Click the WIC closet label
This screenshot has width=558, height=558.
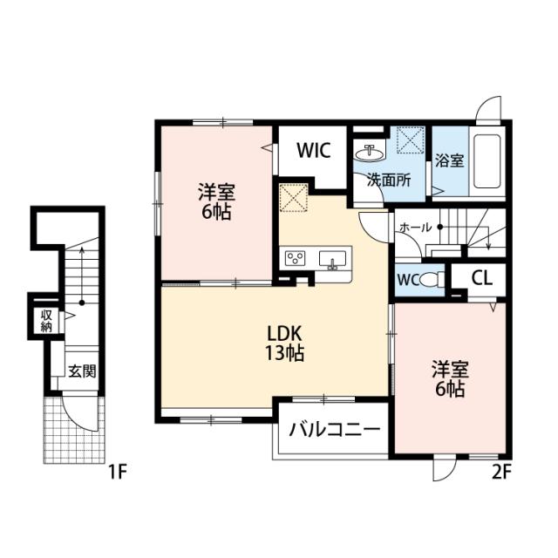[311, 151]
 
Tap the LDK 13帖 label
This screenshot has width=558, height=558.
[284, 343]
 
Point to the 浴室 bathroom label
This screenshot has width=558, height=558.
[449, 161]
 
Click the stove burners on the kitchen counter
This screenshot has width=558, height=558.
[295, 257]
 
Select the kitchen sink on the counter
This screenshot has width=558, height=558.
[332, 258]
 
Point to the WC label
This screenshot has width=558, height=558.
[408, 281]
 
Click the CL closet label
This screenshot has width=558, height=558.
[481, 278]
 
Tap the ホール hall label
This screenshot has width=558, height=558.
[415, 228]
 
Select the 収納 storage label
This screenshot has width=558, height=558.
[44, 320]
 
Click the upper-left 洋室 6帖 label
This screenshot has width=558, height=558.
[214, 201]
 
